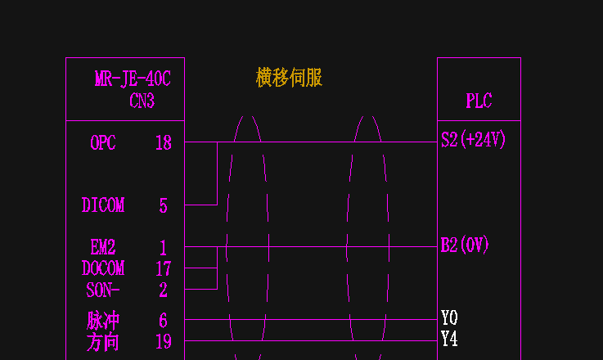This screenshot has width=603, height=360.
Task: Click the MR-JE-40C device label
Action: point(133,79)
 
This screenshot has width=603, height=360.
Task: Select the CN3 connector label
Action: point(142,101)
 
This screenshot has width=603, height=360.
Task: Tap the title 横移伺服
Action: point(289,78)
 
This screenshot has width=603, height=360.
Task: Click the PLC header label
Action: point(479,101)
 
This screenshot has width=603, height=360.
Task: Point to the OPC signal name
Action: point(103,143)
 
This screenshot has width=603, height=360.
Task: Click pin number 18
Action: point(164,143)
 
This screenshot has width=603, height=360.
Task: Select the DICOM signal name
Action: point(103,205)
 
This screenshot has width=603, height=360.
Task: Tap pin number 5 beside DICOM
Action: point(164,206)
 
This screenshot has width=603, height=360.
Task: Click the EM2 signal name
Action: point(103,247)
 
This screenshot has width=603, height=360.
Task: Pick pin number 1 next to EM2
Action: point(164,248)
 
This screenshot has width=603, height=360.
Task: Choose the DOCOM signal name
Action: point(103,268)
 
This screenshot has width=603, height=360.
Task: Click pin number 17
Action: point(164,268)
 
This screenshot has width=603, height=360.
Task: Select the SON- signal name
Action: point(103,290)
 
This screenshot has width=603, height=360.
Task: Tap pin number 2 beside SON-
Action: point(164,290)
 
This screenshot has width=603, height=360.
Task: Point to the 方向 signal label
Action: point(102,341)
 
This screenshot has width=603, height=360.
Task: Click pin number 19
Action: point(164,341)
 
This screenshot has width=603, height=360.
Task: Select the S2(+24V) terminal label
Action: point(474,140)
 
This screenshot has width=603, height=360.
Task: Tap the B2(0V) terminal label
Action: point(465,245)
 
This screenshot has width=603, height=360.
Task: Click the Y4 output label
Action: point(449,339)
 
